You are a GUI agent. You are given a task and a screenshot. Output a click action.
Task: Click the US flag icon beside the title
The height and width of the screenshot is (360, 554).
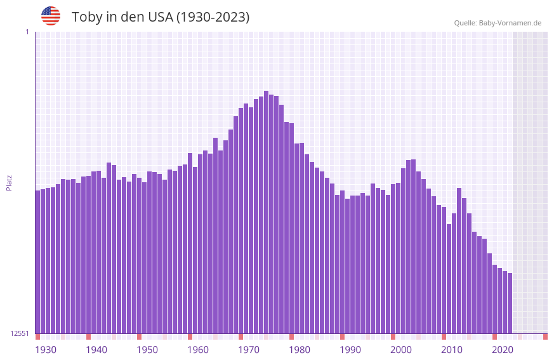pyautogui.click(x=51, y=16)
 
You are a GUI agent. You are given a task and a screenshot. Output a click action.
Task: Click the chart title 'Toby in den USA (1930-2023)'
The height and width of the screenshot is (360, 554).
pyautogui.click(x=161, y=17)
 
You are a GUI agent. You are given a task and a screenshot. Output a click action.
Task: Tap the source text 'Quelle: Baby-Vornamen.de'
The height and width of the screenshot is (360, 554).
pyautogui.click(x=498, y=23)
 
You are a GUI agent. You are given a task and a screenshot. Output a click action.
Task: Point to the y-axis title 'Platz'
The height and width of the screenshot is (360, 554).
pyautogui.click(x=9, y=182)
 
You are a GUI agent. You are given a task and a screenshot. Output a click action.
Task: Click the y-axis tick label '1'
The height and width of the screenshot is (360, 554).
pyautogui.click(x=27, y=32)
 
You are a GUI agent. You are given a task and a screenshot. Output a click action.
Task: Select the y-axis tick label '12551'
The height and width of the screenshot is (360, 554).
pyautogui.click(x=20, y=333)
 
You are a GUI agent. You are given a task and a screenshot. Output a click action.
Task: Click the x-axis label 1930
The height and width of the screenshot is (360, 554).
pyautogui.click(x=46, y=350)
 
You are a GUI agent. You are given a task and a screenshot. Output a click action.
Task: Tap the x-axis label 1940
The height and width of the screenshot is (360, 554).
pyautogui.click(x=96, y=350)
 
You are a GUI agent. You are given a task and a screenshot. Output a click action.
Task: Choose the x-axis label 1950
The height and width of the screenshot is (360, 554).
pyautogui.click(x=147, y=350)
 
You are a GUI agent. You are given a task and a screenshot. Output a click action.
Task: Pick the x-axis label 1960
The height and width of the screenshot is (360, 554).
pyautogui.click(x=198, y=350)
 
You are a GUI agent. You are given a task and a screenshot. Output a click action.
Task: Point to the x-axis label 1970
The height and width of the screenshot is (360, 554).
pyautogui.click(x=249, y=350)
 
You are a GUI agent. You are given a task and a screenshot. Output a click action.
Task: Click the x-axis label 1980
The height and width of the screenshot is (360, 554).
pyautogui.click(x=300, y=350)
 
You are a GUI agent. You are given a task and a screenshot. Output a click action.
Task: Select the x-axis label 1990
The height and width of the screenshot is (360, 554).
pyautogui.click(x=350, y=350)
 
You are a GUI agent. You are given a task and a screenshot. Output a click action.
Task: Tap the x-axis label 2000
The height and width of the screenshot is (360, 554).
pyautogui.click(x=401, y=350)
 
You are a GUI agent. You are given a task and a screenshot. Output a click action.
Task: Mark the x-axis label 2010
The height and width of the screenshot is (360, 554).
pyautogui.click(x=452, y=350)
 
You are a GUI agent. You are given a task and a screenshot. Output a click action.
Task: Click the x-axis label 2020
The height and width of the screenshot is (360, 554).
pyautogui.click(x=503, y=350)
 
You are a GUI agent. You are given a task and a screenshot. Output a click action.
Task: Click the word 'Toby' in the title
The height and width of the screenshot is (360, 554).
pyautogui.click(x=86, y=17)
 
